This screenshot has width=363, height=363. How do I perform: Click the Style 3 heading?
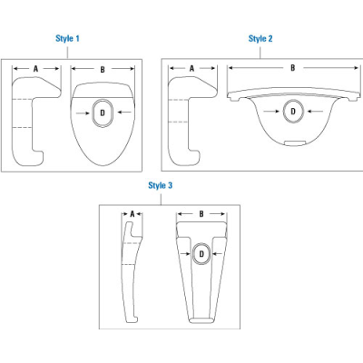161,184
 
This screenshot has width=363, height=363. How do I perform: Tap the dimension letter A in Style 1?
35,68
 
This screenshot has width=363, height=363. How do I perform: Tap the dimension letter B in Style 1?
102,68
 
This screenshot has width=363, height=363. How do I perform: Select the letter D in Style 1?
102,112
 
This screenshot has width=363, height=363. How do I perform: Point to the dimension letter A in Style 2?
191,68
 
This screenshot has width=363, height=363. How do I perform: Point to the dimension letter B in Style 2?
292,68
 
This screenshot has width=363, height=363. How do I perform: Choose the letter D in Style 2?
292,113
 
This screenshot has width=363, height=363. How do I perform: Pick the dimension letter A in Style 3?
132,214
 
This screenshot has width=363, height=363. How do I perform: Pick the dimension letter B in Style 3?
201,214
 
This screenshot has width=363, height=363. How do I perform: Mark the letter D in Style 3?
201,255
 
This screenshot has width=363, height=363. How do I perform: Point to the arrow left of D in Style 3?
184,255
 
